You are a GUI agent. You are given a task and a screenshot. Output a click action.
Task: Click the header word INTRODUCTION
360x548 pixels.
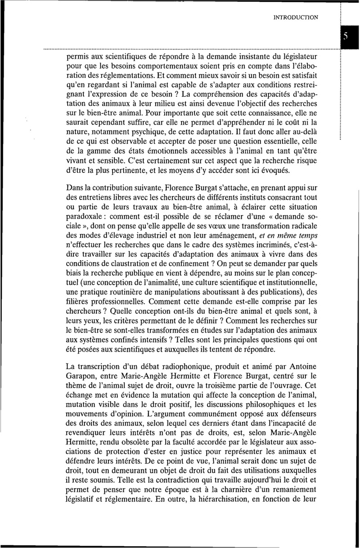(296, 18)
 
